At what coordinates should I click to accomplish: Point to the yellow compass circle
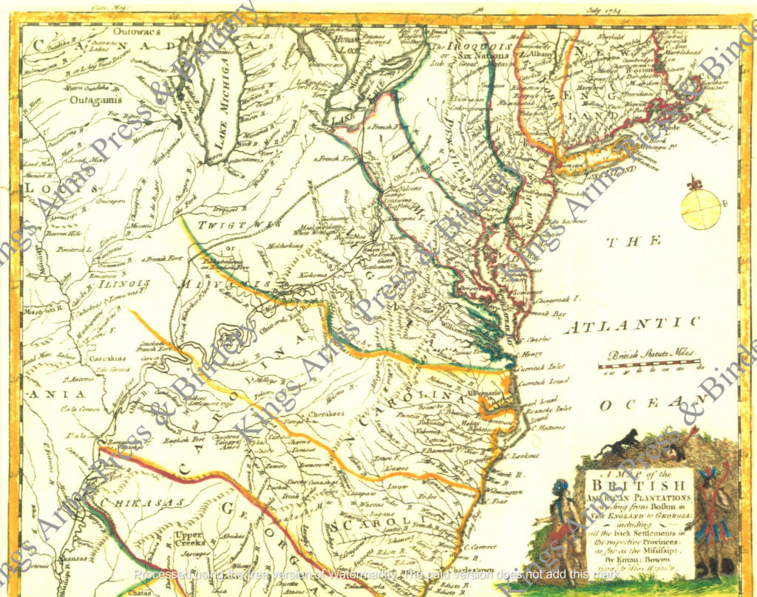point(700,209)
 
